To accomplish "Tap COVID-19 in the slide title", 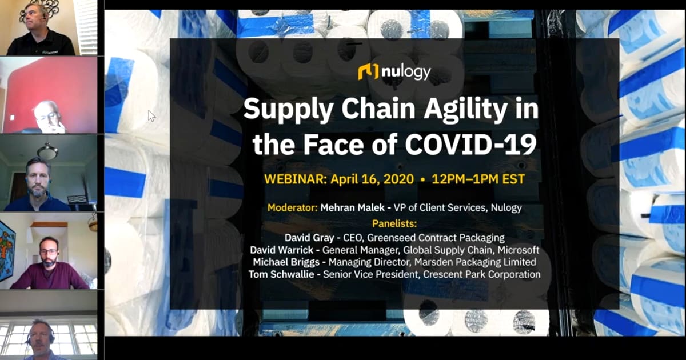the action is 470,144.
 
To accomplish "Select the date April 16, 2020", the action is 372,179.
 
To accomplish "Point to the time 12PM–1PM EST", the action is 478,179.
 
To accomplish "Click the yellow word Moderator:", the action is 292,208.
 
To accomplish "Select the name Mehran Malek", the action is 352,208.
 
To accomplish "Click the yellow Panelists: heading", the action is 394,224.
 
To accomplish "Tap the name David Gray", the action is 309,238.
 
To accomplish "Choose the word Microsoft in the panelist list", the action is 518,250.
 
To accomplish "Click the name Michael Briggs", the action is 286,262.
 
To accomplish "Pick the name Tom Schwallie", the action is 281,274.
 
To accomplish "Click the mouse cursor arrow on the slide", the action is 151,116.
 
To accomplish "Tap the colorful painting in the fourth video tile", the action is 7,250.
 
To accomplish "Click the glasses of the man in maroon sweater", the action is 49,251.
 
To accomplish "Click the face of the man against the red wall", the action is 47,117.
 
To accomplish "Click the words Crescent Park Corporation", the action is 481,274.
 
